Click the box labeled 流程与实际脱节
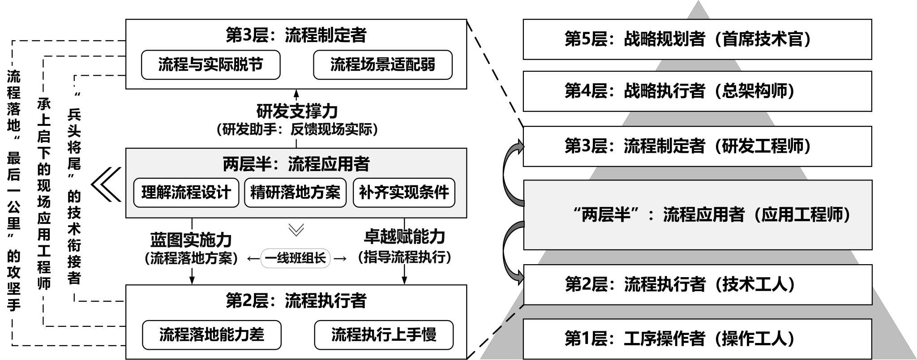pyautogui.click(x=210, y=65)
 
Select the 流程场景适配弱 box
pyautogui.click(x=382, y=65)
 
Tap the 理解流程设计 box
pyautogui.click(x=186, y=193)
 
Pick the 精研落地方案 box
pyautogui.click(x=296, y=193)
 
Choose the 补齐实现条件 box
pyautogui.click(x=404, y=193)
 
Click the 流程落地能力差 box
pyautogui.click(x=212, y=335)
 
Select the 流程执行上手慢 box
pyautogui.click(x=384, y=335)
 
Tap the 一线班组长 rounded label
pyautogui.click(x=296, y=258)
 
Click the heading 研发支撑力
pyautogui.click(x=297, y=111)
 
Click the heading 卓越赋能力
pyautogui.click(x=404, y=236)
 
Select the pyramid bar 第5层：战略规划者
pyautogui.click(x=697, y=39)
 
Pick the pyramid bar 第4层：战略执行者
pyautogui.click(x=697, y=91)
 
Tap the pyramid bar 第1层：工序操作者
pyautogui.click(x=698, y=339)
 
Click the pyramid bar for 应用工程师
pyautogui.click(x=698, y=215)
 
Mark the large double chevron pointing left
pyautogui.click(x=106, y=184)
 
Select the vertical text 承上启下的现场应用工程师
pyautogui.click(x=43, y=193)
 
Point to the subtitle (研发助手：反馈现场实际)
pyautogui.click(x=297, y=130)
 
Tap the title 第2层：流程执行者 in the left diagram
pyautogui.click(x=296, y=300)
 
